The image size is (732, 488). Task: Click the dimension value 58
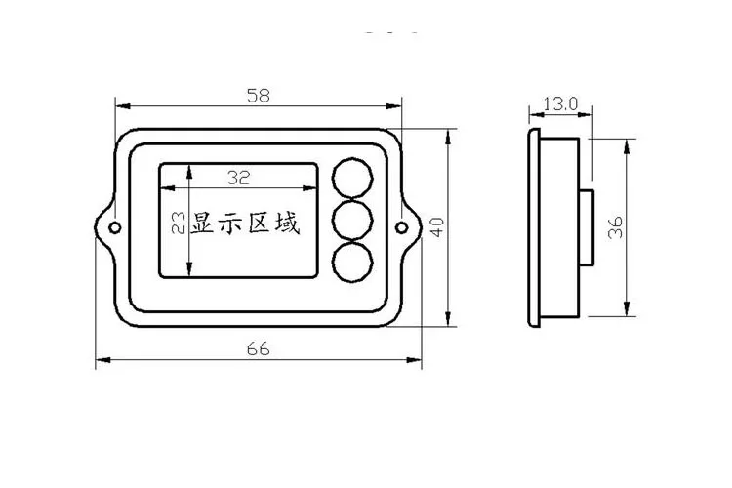258,96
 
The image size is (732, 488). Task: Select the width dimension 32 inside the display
238,178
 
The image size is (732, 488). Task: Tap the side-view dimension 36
615,227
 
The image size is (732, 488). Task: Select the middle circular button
352,222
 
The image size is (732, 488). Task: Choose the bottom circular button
352,263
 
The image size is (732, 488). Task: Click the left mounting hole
115,227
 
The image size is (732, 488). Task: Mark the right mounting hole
402,227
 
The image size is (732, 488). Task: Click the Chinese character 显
204,224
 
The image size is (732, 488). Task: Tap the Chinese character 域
287,224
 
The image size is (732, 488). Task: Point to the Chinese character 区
260,224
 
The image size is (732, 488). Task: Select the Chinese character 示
231,224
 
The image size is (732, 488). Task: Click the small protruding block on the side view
589,227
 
